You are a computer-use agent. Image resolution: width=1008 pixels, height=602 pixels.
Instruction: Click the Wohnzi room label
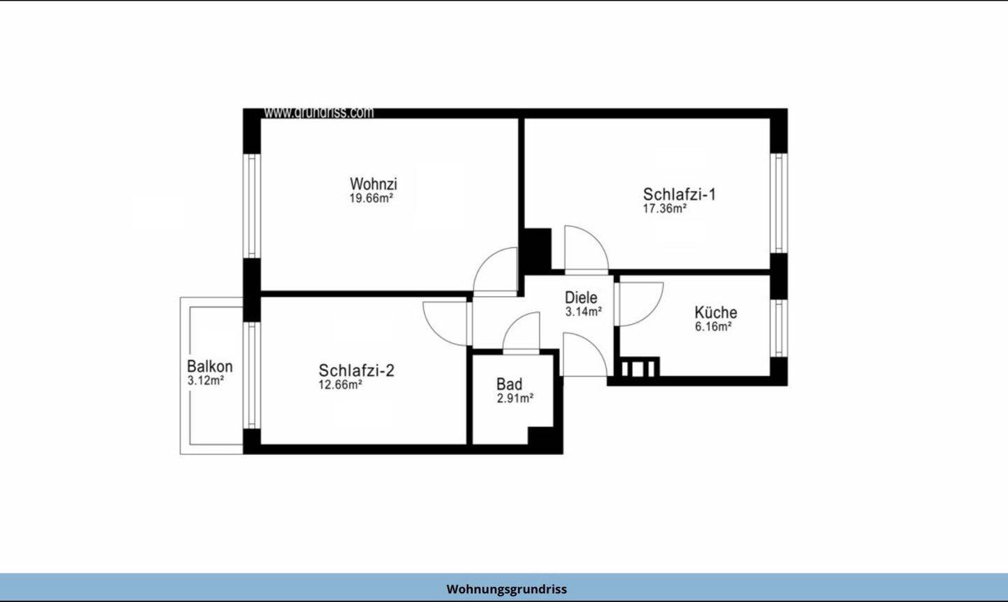point(374,183)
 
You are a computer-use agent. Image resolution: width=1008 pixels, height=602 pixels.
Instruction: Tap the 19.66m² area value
point(372,198)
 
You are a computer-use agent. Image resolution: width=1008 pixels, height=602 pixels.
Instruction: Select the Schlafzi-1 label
point(679,194)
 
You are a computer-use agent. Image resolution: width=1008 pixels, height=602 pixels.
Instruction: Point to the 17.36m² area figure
point(665,209)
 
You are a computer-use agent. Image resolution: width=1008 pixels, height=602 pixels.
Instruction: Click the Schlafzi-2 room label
point(356,370)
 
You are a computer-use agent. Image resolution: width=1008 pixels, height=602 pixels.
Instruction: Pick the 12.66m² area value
point(341,385)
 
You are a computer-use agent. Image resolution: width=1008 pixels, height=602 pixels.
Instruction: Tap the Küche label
point(716,311)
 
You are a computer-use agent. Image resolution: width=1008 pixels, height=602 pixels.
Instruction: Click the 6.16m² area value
point(713,327)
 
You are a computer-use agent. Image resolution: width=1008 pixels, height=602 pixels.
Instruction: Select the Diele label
point(581,297)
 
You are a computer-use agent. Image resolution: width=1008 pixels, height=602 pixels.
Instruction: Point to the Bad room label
point(510,384)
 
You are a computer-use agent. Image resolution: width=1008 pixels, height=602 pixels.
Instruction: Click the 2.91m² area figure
point(515,398)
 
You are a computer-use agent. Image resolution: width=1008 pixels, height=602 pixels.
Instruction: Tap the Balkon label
point(210,366)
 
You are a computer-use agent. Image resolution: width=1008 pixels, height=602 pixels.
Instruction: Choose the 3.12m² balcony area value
point(206,381)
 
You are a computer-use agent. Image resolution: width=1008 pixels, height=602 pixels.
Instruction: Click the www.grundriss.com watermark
point(318,113)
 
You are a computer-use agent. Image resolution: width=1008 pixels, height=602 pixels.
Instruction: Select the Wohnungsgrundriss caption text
point(507,589)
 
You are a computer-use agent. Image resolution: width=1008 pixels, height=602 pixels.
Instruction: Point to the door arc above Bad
point(514,323)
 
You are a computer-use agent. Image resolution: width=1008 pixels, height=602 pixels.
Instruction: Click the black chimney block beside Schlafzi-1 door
point(538,249)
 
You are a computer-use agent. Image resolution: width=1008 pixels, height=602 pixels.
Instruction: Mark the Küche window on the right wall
point(779,328)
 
